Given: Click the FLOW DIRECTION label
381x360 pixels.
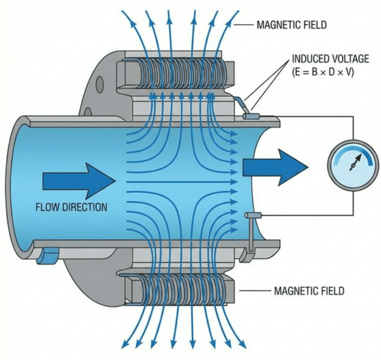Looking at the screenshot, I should (x=71, y=207).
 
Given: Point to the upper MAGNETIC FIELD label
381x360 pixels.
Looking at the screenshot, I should (x=291, y=25).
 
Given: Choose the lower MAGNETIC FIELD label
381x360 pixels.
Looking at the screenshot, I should (x=309, y=291).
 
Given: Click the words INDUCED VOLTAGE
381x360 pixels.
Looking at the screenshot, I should (x=330, y=59).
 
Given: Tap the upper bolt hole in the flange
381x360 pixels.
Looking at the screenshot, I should (x=99, y=85).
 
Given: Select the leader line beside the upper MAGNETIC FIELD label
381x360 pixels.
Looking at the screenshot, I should (x=244, y=25).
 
